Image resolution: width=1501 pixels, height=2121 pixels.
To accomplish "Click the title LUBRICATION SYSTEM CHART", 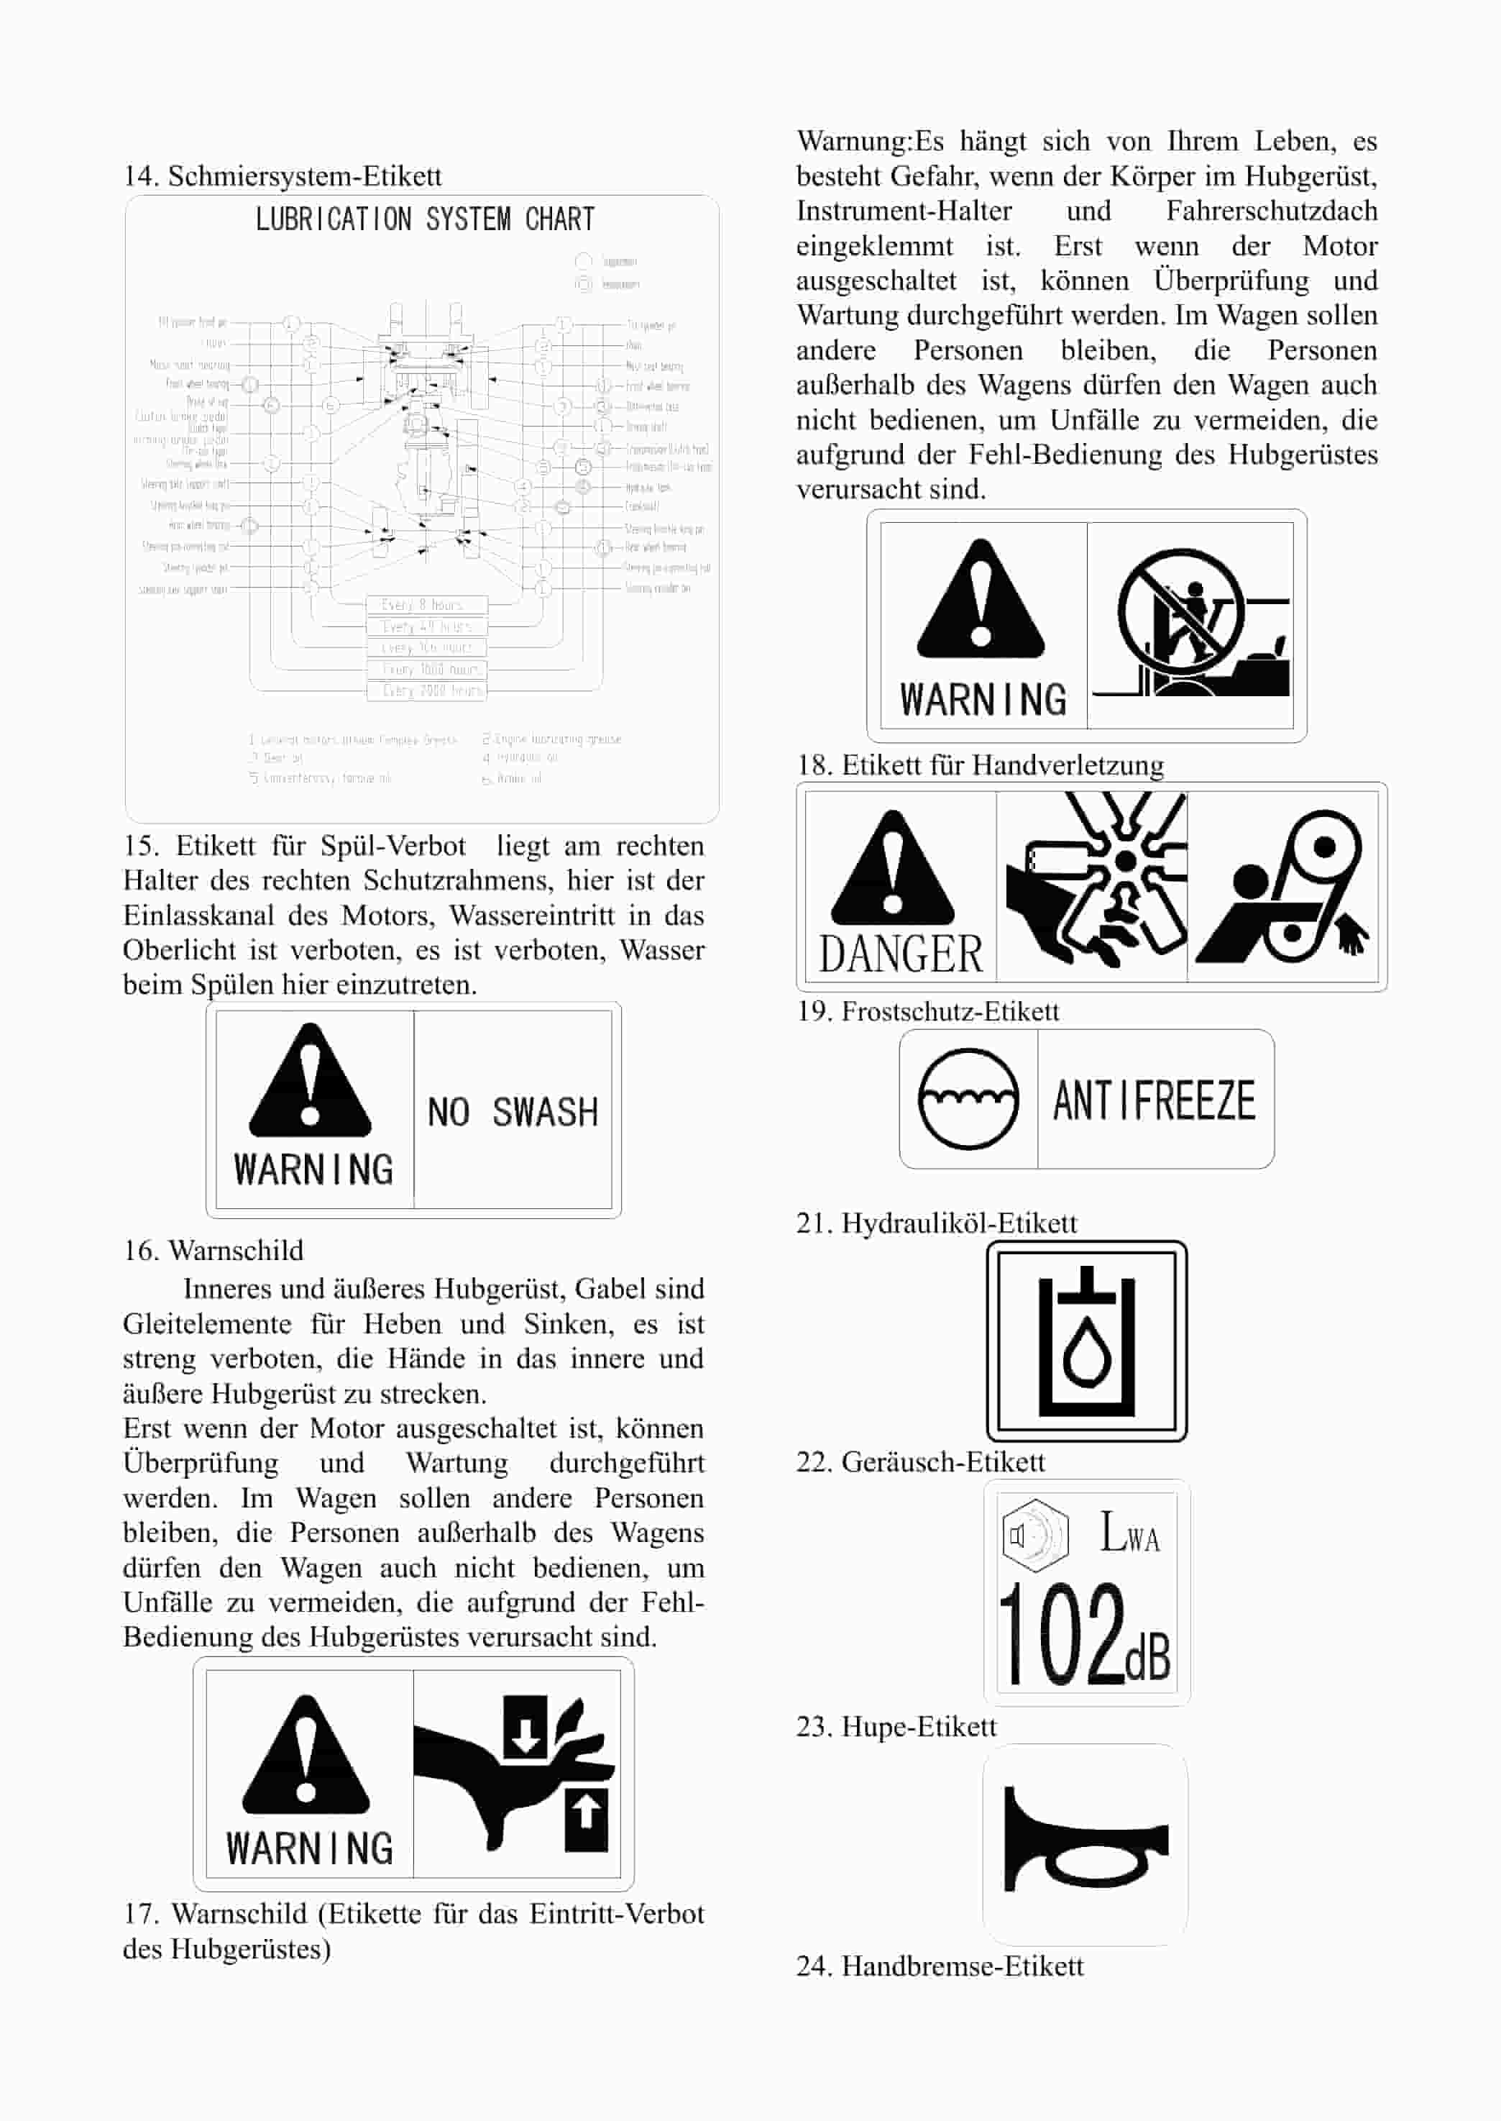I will [424, 219].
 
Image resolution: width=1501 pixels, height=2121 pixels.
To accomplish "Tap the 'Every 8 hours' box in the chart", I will [426, 605].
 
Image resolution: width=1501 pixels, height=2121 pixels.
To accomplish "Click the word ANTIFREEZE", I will [1155, 1100].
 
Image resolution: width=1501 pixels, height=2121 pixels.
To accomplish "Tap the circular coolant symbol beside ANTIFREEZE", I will [968, 1099].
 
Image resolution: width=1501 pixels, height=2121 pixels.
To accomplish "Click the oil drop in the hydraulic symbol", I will [1087, 1356].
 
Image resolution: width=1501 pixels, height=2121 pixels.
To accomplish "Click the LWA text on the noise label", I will [1129, 1532].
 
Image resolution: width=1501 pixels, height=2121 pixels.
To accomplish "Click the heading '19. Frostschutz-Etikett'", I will [927, 1011].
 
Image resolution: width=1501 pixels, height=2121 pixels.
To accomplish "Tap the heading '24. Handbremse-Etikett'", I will [939, 1965].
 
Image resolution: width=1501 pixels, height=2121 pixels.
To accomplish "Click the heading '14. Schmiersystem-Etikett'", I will [282, 175].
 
